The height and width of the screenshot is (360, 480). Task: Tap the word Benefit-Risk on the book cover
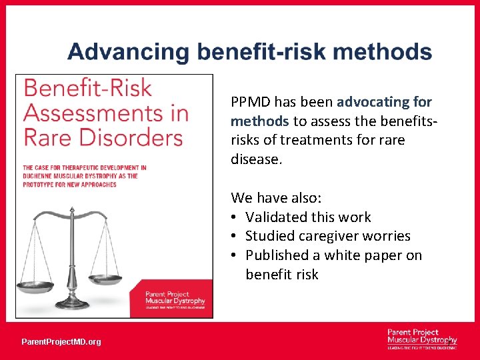pos(88,89)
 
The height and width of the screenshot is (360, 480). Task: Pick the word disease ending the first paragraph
pos(253,159)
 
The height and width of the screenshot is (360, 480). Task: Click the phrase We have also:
pos(276,197)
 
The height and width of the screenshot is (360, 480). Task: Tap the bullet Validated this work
pos(308,217)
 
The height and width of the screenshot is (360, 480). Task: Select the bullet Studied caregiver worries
pos(327,236)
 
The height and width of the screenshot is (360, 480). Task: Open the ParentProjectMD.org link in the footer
pos(61,342)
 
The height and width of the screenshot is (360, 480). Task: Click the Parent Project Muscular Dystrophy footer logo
pos(421,338)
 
